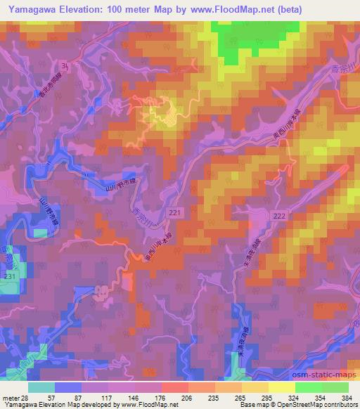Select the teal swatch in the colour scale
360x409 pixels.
tap(42, 386)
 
